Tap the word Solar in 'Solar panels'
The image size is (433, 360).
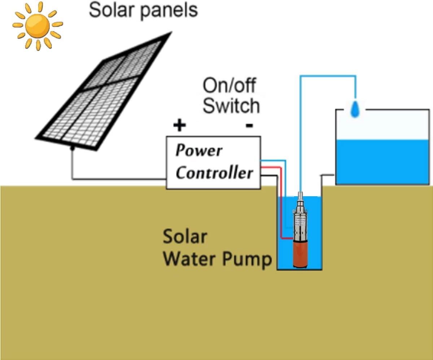click(110, 10)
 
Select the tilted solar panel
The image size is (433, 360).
click(103, 90)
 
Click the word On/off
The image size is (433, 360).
click(229, 86)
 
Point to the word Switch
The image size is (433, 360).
click(231, 106)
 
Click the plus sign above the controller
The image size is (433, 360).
click(179, 126)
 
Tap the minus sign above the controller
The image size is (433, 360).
click(249, 126)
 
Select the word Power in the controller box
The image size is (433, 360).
click(198, 150)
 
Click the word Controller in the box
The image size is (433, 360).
click(214, 173)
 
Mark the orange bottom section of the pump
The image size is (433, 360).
click(299, 254)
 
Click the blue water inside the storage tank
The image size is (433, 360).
click(382, 162)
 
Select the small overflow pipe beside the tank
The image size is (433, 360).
click(328, 176)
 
